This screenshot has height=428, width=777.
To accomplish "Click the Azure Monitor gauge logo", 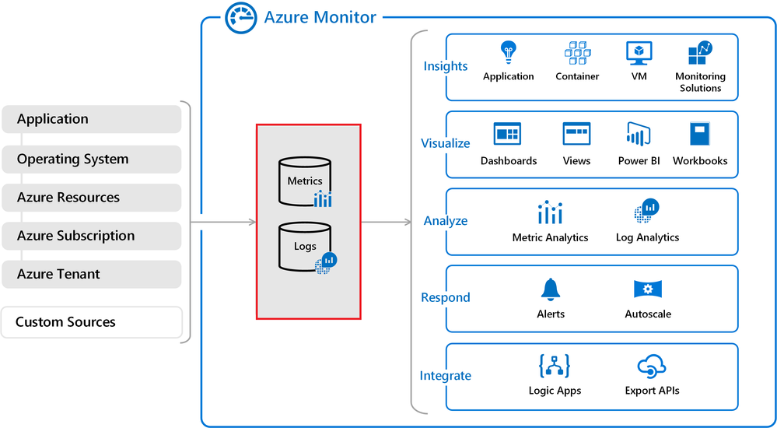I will pos(240,18).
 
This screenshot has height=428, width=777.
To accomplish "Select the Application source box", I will pos(92,119).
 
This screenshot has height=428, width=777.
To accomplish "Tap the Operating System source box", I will pos(92,159).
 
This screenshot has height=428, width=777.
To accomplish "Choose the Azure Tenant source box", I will pos(92,274).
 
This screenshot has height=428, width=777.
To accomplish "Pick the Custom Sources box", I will pos(92,321).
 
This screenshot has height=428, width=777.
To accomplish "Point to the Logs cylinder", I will pos(304,245).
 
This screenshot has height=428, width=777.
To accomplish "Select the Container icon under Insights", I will pos(577,53).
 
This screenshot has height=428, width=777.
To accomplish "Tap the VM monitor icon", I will pos(639,53).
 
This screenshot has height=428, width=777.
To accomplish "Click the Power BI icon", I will pos(639,135).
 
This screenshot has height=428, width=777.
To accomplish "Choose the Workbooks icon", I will pos(700,135).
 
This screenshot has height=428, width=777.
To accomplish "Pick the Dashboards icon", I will pos(507,135).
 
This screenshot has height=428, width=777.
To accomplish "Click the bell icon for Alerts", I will pos(551,289).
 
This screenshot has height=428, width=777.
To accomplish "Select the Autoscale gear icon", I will pos(647,289).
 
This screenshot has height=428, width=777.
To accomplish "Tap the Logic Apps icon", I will pos(554,366).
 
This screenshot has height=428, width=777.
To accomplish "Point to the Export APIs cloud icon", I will pos(651,366).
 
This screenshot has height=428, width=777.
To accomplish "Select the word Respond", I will pos(446,297).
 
